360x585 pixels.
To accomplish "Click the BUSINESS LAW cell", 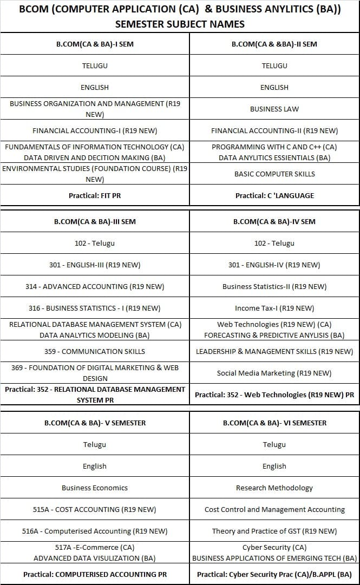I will [274, 109].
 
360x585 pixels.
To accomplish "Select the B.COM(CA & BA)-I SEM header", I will [95, 44].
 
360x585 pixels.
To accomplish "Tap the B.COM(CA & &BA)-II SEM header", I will [274, 44].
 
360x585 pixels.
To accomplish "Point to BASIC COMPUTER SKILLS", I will [274, 174].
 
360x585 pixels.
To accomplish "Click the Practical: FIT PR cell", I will [95, 195].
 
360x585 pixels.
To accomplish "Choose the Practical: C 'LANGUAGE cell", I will [274, 195].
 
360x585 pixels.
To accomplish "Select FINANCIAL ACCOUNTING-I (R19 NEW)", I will [95, 130].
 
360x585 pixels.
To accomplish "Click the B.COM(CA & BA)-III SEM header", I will [95, 221].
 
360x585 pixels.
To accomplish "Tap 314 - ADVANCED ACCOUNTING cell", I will [95, 286].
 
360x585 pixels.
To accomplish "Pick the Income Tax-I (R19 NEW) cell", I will [274, 308].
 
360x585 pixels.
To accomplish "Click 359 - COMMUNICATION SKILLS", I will [95, 351].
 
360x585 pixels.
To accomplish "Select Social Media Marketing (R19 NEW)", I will [274, 373].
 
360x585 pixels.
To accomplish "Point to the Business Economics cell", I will [95, 488].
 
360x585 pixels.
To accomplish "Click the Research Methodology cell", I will [274, 488].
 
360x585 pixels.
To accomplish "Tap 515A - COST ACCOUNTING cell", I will [95, 509].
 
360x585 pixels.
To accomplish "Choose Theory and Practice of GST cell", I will [274, 531].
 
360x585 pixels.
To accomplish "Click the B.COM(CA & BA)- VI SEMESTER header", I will [274, 423].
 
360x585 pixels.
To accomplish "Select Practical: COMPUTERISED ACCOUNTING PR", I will [95, 574].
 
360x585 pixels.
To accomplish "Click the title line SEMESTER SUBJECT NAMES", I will [180, 24].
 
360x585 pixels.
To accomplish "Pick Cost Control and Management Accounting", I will [274, 509].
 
